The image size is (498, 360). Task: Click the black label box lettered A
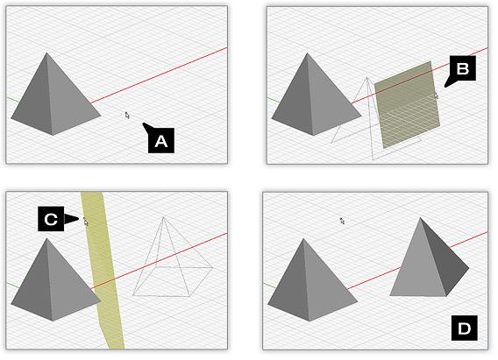[x=161, y=140]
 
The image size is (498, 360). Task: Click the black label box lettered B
[x=462, y=68]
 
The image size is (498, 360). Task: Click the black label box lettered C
[x=51, y=218]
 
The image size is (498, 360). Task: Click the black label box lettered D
[x=465, y=328]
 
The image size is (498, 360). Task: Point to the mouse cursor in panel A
[x=127, y=115]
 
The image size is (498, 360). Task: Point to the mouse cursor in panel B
[x=437, y=95]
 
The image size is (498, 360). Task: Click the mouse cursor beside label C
[x=86, y=222]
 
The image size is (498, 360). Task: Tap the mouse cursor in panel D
[x=342, y=221]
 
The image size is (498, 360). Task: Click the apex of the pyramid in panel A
[x=47, y=53]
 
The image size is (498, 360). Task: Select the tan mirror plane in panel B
[x=408, y=104]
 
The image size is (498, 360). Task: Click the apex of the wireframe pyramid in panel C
[x=163, y=217]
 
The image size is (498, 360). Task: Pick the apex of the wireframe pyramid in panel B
[x=366, y=77]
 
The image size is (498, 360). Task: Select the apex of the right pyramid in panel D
[x=420, y=217]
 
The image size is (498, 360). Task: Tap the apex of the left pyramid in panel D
[x=303, y=239]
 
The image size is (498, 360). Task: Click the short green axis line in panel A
[x=12, y=100]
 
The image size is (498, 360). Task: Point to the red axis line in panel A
[x=159, y=75]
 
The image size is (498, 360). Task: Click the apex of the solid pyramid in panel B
[x=307, y=53]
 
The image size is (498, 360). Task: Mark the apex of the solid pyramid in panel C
[x=47, y=238]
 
